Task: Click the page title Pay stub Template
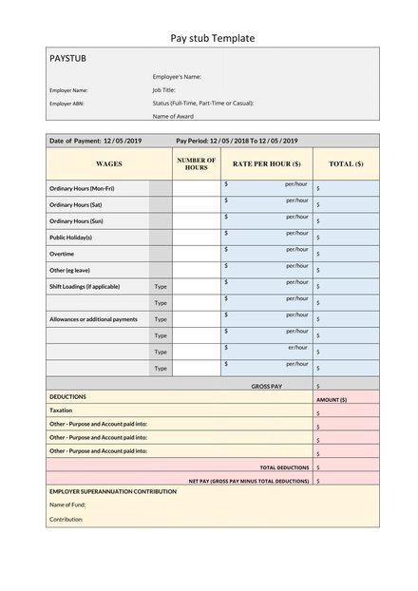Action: point(212,38)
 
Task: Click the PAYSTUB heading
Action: point(67,59)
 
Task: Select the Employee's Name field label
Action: point(177,76)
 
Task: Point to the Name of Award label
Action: point(173,116)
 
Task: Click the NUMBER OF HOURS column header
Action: point(197,163)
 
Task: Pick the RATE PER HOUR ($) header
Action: point(267,163)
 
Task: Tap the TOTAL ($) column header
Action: point(346,163)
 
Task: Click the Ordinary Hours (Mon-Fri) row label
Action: point(82,189)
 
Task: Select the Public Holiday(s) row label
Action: point(70,238)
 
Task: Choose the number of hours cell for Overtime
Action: point(197,254)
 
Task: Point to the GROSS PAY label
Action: point(267,386)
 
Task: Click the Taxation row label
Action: point(61,410)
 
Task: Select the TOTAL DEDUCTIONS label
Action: point(284,467)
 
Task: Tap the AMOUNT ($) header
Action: point(332,400)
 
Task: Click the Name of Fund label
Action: point(67,505)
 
